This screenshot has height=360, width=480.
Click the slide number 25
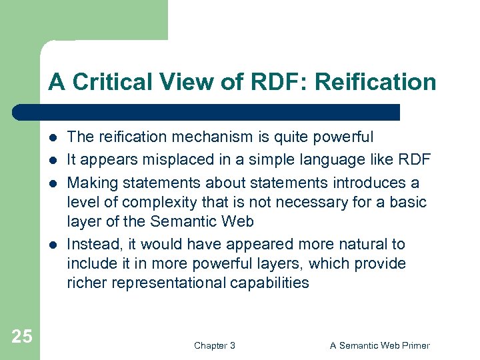tap(22, 336)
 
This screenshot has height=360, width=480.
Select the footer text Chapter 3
tap(214, 345)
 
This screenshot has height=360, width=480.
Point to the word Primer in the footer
tap(415, 345)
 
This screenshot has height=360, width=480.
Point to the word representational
tap(173, 283)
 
